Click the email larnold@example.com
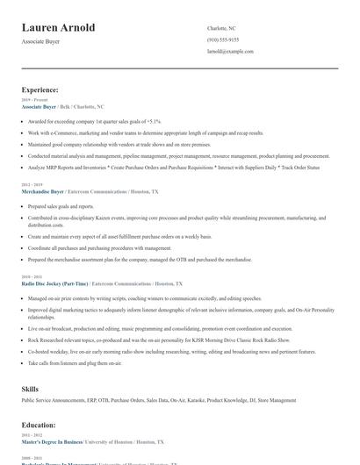pyautogui.click(x=230, y=52)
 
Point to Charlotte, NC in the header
pyautogui.click(x=223, y=28)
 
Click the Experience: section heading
pyautogui.click(x=40, y=89)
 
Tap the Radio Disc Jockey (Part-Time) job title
pyautogui.click(x=54, y=284)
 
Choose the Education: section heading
pyautogui.click(x=40, y=424)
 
